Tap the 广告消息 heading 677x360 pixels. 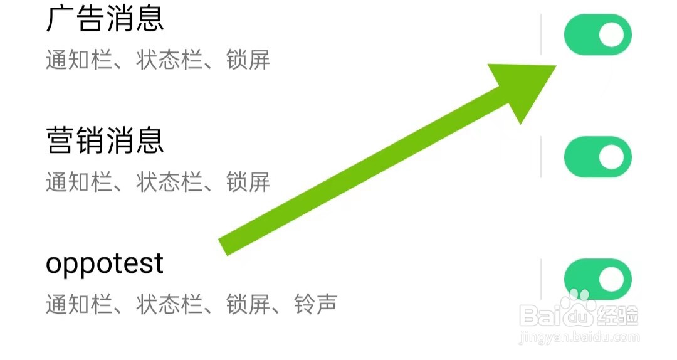[105, 19]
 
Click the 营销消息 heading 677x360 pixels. [105, 140]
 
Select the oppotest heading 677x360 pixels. [105, 263]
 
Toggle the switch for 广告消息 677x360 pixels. [597, 35]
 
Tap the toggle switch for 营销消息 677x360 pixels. [597, 157]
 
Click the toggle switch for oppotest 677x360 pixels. [597, 278]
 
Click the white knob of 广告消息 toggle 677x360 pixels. [612, 35]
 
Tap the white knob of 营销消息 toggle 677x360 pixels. [612, 157]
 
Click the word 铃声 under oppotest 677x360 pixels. [316, 305]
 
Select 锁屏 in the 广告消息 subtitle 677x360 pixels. [248, 61]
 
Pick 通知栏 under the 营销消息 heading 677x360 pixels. [68, 183]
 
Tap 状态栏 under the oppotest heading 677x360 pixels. [158, 305]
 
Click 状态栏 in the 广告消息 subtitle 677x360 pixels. [158, 61]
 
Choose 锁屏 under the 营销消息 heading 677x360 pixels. [248, 183]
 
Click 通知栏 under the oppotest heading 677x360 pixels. [68, 305]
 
